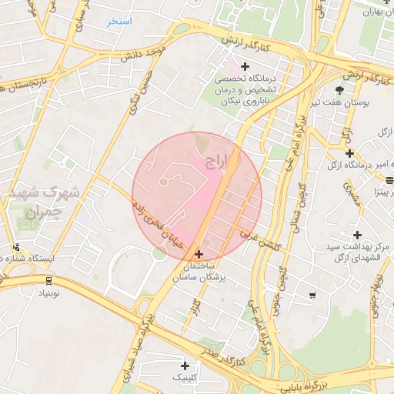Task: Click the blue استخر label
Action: pyautogui.click(x=119, y=22)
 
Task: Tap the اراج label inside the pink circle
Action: pyautogui.click(x=219, y=162)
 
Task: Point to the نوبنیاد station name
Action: pyautogui.click(x=48, y=294)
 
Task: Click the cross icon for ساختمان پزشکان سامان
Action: pyautogui.click(x=199, y=253)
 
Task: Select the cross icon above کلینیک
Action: pyautogui.click(x=185, y=365)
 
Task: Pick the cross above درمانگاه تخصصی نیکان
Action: pyautogui.click(x=245, y=66)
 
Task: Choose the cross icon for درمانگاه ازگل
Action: pyautogui.click(x=349, y=153)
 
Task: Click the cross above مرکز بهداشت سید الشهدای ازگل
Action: pyautogui.click(x=356, y=234)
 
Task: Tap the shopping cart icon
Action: pyautogui.click(x=312, y=295)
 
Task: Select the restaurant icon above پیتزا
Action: pyautogui.click(x=389, y=181)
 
